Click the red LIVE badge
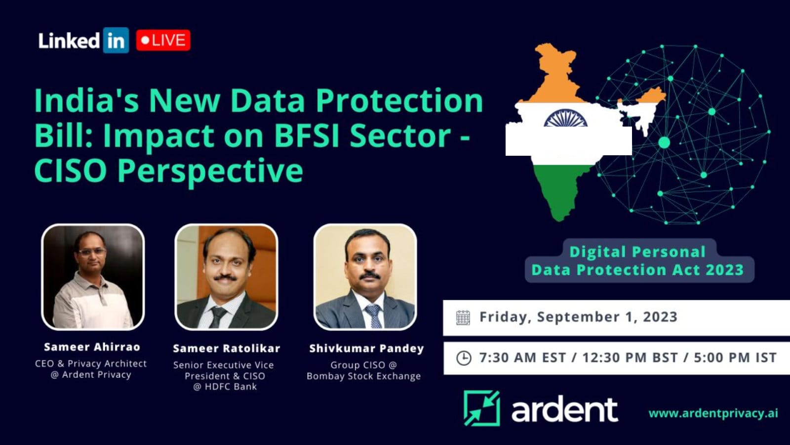(163, 40)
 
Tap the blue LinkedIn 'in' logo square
(116, 40)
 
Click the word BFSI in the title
(307, 135)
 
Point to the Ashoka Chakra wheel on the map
(565, 118)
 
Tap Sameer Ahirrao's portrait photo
(93, 277)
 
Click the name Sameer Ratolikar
(227, 349)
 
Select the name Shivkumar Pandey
(366, 349)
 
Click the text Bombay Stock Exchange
(363, 376)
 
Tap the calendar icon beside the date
(463, 318)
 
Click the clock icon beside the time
(464, 358)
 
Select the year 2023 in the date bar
(660, 317)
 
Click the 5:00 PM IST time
(735, 357)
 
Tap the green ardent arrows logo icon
(482, 408)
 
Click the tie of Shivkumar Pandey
(373, 316)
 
